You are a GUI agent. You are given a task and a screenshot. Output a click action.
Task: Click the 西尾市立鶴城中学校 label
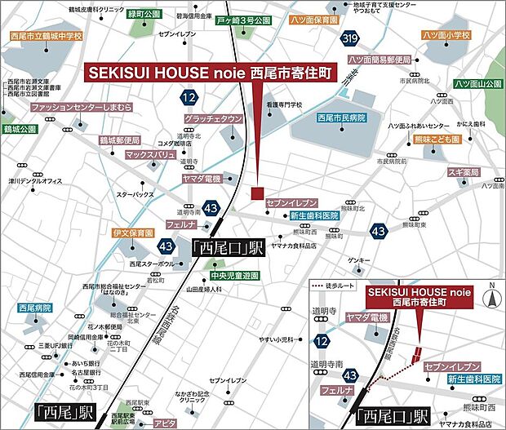[x=47, y=37]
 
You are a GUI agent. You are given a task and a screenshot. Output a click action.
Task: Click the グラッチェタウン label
[x=213, y=119]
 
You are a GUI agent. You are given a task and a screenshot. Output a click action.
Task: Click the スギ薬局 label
[x=463, y=173]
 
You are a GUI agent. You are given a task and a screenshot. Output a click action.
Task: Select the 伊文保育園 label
[x=133, y=233]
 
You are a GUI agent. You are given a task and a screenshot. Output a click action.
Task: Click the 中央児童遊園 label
[x=232, y=276]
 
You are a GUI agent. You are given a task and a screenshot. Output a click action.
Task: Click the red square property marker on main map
[x=257, y=193]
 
